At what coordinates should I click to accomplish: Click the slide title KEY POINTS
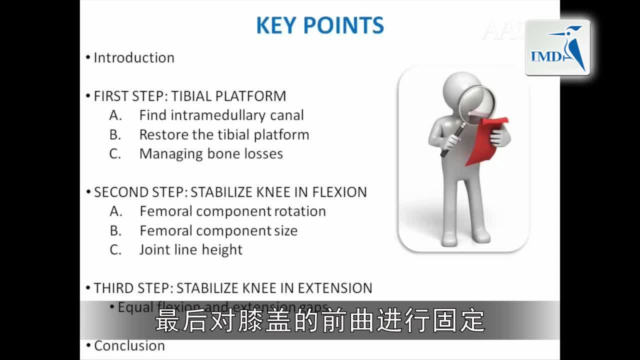320,25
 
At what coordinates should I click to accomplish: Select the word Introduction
134,57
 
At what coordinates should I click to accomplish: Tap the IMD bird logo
557,48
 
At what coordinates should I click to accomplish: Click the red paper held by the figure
488,140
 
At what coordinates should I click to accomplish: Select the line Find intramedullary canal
221,115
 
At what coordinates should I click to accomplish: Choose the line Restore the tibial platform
224,134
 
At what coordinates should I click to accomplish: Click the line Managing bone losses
211,154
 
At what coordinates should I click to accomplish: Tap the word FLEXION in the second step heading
339,192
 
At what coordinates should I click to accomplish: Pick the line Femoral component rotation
232,211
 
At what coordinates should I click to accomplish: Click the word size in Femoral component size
285,230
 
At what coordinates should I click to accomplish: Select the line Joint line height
190,250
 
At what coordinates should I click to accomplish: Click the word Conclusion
129,345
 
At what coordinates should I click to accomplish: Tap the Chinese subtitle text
320,320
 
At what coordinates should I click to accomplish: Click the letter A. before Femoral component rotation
116,211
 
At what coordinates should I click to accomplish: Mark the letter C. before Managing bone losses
115,154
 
